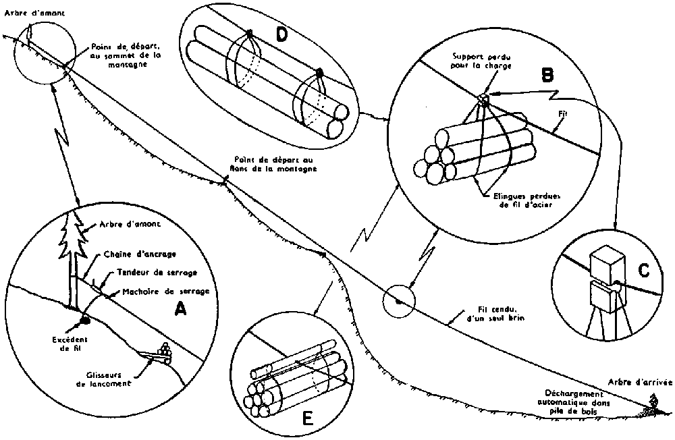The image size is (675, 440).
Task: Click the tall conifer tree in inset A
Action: coord(71,250)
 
